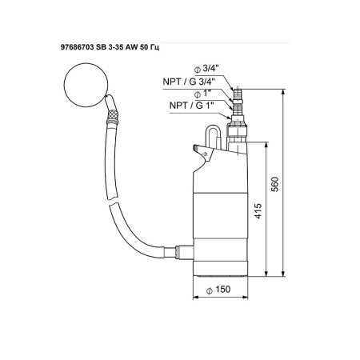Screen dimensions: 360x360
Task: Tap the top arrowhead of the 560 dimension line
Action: (x=285, y=91)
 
